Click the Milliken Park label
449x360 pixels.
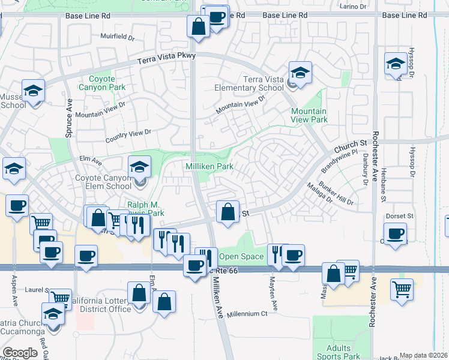(x=209, y=166)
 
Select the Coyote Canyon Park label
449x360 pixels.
(x=107, y=83)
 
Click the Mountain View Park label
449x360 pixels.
(x=309, y=115)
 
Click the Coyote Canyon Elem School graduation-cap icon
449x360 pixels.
(x=139, y=166)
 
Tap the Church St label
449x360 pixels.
(x=350, y=146)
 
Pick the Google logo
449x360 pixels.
(x=20, y=352)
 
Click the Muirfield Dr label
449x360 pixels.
(x=118, y=37)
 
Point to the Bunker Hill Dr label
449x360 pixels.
(x=336, y=194)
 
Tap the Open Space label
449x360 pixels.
(x=241, y=257)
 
